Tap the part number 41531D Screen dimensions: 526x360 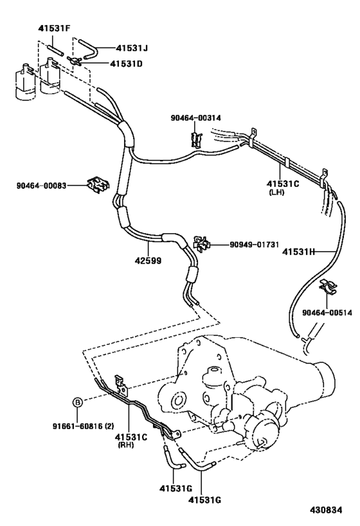click(x=127, y=64)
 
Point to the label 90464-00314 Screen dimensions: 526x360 click(x=195, y=118)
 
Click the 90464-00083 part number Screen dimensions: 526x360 click(x=42, y=186)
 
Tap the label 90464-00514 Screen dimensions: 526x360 click(x=326, y=313)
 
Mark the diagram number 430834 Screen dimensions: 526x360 click(x=328, y=510)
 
